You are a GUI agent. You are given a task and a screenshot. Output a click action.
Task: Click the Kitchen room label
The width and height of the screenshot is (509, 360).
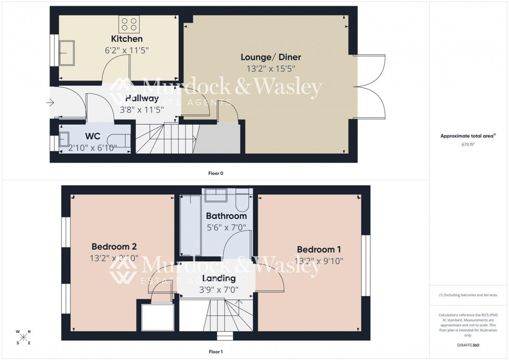pyautogui.click(x=126, y=39)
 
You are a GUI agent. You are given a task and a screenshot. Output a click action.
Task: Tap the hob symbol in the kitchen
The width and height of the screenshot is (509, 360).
pyautogui.click(x=129, y=23)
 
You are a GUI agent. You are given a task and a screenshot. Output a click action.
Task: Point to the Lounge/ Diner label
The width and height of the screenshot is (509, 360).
pyautogui.click(x=271, y=57)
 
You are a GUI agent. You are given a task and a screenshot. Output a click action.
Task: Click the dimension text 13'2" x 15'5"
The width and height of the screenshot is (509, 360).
pyautogui.click(x=271, y=68)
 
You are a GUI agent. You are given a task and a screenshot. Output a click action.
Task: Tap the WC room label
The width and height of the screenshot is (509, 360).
pyautogui.click(x=92, y=136)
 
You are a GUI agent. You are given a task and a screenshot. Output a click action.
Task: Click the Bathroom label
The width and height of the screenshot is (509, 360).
pyautogui.click(x=226, y=216)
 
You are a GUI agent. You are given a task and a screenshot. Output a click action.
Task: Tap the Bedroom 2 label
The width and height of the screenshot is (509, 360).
pyautogui.click(x=114, y=246)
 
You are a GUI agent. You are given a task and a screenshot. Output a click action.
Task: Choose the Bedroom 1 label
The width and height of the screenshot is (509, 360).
pyautogui.click(x=319, y=249)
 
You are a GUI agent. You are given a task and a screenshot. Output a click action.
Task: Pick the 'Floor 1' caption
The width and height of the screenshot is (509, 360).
pyautogui.click(x=215, y=352)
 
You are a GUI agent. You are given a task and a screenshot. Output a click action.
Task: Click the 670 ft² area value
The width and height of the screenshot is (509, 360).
pyautogui.click(x=468, y=145)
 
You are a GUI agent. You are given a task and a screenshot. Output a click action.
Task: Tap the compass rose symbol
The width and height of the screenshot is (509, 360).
pyautogui.click(x=23, y=337)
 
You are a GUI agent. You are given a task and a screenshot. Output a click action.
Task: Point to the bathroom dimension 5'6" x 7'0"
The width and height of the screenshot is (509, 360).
pyautogui.click(x=226, y=227)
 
